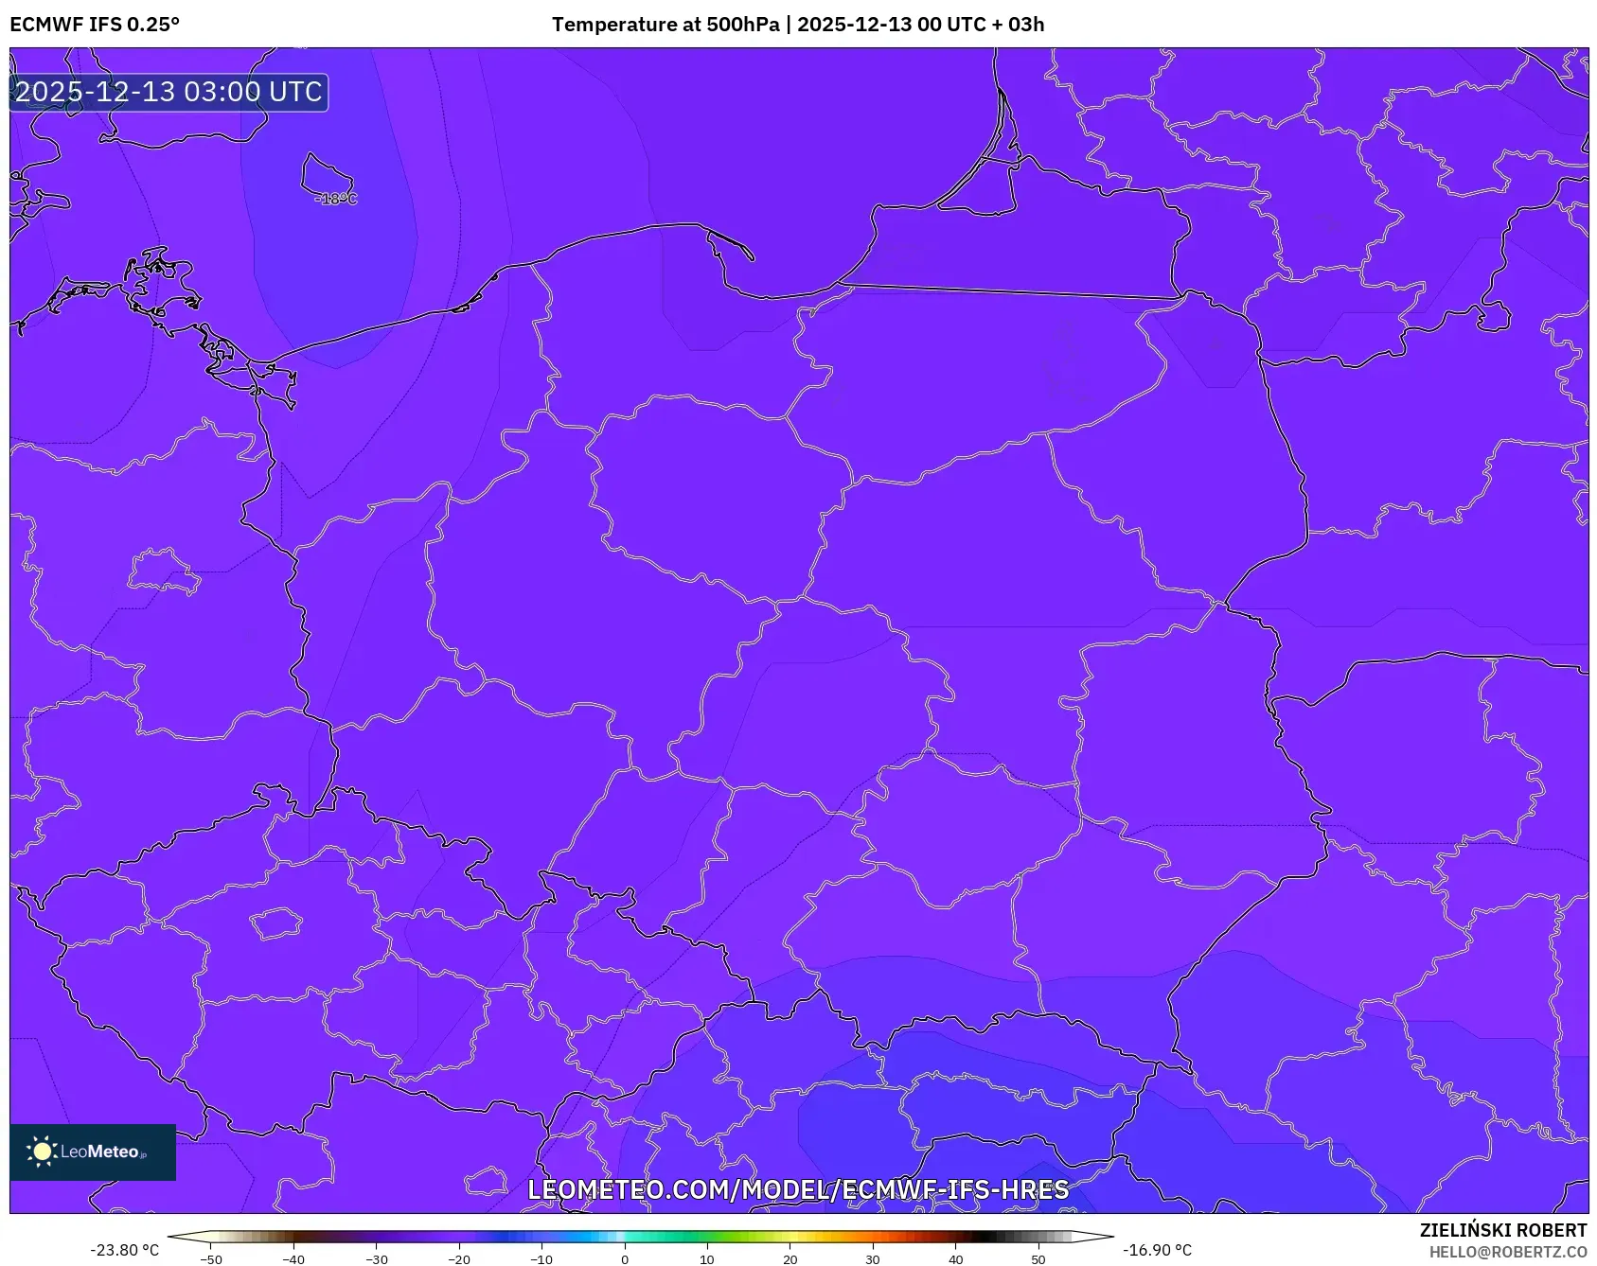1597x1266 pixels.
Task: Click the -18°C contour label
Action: [x=336, y=199]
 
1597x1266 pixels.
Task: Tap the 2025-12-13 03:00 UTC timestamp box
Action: [x=169, y=93]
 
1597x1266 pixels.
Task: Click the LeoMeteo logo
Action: [x=93, y=1152]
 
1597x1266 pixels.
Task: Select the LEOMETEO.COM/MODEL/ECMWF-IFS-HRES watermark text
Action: [x=798, y=1189]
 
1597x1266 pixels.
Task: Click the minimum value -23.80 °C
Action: [x=124, y=1250]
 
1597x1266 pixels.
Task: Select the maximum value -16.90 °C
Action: [x=1157, y=1250]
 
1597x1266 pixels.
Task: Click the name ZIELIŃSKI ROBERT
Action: [x=1502, y=1230]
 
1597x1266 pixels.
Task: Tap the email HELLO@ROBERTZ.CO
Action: [x=1507, y=1252]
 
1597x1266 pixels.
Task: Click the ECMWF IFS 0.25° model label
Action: [x=95, y=25]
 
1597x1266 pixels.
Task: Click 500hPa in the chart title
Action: [x=743, y=25]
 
